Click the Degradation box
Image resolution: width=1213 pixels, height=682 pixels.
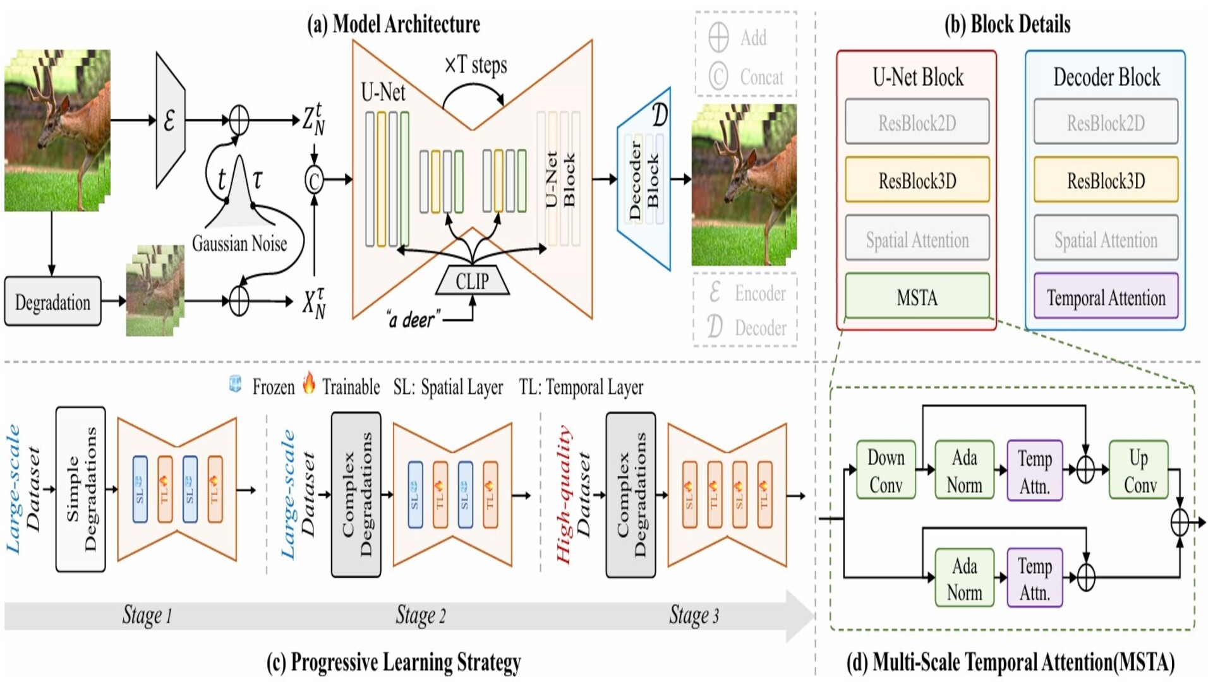tap(52, 302)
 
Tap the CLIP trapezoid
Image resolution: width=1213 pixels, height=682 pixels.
tap(472, 281)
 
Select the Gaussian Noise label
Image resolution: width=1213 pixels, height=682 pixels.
tap(239, 243)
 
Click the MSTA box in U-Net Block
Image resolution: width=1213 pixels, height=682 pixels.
tap(917, 297)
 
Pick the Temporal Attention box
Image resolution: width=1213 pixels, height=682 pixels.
tap(1106, 297)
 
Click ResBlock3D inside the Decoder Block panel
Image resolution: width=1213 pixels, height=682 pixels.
tap(1106, 181)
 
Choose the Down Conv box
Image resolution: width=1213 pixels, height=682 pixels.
tap(886, 470)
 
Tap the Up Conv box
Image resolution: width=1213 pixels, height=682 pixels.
tap(1139, 470)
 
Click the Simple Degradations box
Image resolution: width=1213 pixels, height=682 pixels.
tap(81, 489)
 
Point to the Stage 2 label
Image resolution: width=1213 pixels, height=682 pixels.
tap(421, 615)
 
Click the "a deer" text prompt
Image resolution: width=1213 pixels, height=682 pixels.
tap(413, 320)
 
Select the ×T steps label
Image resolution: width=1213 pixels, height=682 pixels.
tap(476, 65)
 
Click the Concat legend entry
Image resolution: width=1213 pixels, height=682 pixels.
tap(749, 77)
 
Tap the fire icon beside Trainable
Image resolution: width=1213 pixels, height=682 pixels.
tap(308, 383)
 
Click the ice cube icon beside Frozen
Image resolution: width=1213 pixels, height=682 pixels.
tap(235, 384)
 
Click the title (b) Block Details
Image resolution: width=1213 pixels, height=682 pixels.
tap(1007, 24)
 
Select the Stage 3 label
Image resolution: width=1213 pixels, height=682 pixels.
tap(694, 615)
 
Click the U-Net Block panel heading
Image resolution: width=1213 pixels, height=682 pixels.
tap(917, 77)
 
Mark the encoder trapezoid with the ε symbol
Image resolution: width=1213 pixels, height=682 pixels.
tap(170, 120)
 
